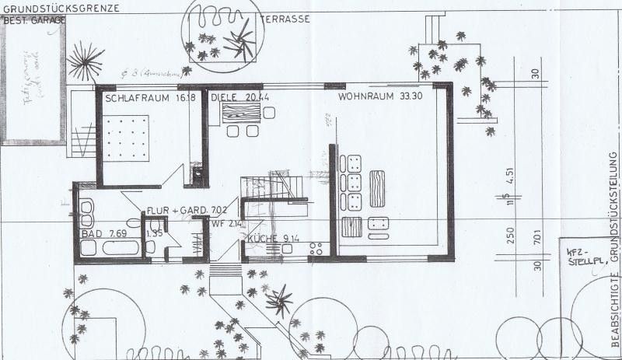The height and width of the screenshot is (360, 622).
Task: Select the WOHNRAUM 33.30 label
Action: click(374, 99)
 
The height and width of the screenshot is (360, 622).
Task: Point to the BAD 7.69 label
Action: click(102, 233)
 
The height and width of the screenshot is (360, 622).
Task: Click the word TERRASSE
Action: click(285, 17)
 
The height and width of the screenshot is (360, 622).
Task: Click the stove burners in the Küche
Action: click(316, 250)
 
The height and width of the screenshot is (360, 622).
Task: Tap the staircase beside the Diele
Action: click(271, 187)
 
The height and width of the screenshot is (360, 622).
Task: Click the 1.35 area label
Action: click(155, 232)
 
